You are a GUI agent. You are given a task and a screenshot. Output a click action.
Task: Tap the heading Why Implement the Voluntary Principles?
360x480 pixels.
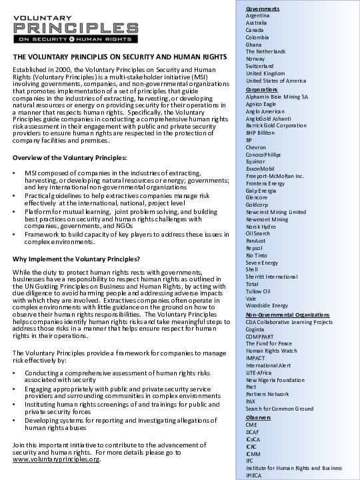[x=77, y=258]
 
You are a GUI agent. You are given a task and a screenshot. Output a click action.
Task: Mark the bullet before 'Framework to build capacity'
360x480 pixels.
[x=15, y=235]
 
